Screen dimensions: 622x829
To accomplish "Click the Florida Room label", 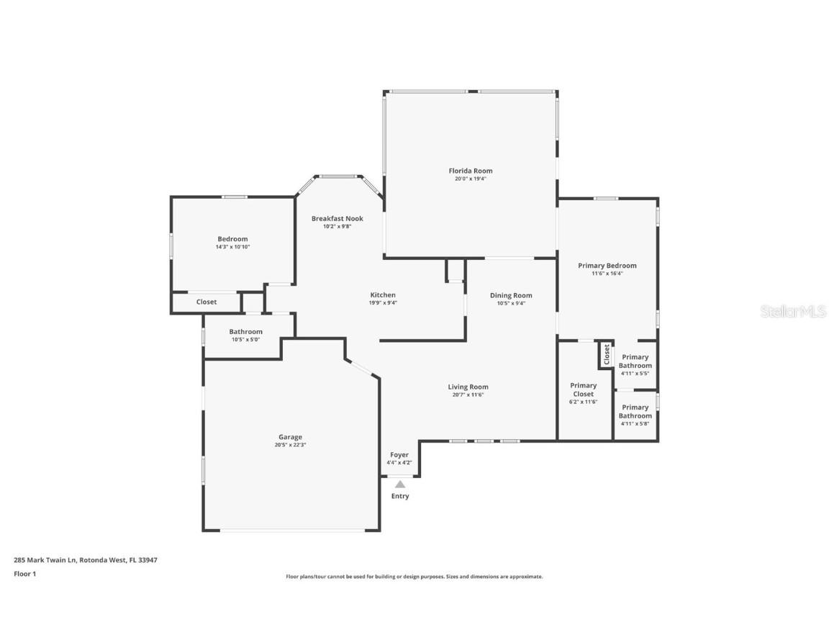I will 471,171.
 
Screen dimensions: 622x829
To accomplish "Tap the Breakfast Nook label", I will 337,218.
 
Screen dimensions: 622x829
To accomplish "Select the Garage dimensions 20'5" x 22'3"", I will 290,445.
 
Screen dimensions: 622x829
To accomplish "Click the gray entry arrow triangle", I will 399,484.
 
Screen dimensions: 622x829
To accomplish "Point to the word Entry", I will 399,496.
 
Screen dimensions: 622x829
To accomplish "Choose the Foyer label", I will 399,454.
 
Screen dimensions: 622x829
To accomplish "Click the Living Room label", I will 468,387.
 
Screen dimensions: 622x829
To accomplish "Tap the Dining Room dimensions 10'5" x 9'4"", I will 511,303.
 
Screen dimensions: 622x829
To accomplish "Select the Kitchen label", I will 383,294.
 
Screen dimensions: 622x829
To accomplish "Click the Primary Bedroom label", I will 607,265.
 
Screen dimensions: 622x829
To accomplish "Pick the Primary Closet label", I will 583,389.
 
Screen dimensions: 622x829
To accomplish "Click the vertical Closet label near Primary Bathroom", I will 607,353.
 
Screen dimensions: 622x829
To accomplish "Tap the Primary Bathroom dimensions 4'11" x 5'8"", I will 635,423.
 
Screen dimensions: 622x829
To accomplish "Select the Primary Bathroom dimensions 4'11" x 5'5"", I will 635,373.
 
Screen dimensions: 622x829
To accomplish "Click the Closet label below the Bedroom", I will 207,302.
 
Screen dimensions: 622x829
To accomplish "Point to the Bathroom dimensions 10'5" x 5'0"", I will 245,340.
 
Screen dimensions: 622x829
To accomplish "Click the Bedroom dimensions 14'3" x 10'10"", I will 232,247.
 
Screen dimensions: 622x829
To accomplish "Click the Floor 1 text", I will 24,574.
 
